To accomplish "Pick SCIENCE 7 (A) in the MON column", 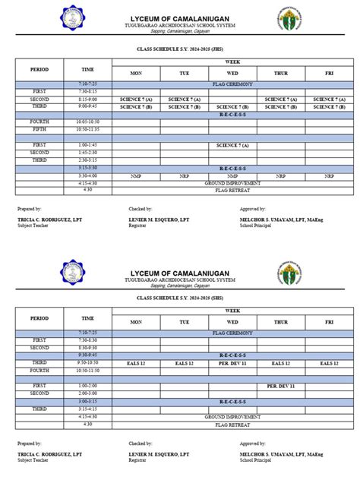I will point(136,99).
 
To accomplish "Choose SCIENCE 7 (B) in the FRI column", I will point(329,107).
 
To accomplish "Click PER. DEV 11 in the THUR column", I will point(280,386).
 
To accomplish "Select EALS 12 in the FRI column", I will point(329,364).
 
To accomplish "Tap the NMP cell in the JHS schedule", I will point(136,175).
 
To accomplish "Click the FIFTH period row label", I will point(39,129).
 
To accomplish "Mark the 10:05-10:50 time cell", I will point(87,122).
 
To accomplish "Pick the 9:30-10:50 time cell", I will point(87,364).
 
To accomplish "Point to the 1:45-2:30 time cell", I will point(87,152).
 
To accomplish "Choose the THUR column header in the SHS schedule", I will point(280,322).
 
